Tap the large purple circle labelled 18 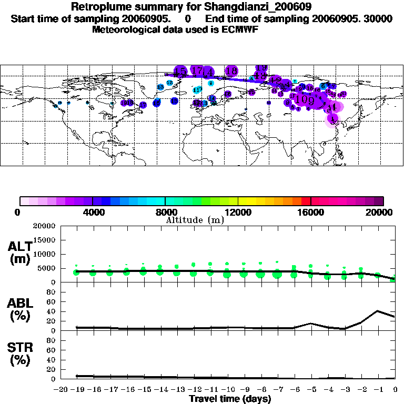231,70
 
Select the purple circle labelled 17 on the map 197,70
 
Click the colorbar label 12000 238,212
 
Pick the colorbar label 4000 93,212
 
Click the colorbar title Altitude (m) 195,220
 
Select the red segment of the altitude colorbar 306,201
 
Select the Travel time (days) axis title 230,399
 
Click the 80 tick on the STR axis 52,340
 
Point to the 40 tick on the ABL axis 52,311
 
